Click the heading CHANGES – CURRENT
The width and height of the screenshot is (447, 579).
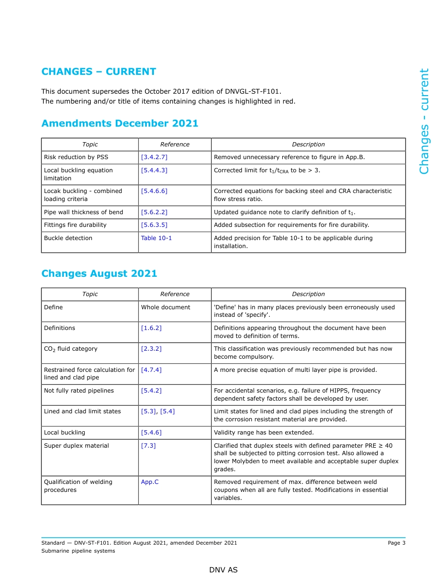point(99,72)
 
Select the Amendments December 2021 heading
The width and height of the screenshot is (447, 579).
point(120,123)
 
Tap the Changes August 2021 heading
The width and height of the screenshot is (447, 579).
point(99,273)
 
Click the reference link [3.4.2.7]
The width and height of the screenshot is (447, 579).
point(154,157)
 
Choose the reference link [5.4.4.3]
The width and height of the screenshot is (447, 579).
point(154,170)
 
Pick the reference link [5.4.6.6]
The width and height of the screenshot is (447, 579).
point(154,191)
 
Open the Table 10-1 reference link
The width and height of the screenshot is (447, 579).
point(156,238)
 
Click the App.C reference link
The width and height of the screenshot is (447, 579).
point(150,482)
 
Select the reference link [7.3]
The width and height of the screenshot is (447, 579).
point(148,446)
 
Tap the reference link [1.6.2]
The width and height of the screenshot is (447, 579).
point(151,328)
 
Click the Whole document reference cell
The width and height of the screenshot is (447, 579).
point(166,307)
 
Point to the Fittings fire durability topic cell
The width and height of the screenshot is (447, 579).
point(75,225)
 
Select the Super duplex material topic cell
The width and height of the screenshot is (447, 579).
point(76,446)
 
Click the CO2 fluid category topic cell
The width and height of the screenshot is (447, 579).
point(71,349)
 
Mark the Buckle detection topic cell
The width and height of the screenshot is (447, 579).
point(68,238)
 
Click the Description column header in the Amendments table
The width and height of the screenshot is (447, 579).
point(308,145)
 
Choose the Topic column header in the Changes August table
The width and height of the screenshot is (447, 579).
point(90,294)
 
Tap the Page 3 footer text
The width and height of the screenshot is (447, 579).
point(396,543)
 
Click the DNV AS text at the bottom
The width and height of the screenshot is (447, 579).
point(223,570)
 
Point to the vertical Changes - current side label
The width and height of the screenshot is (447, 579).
point(424,121)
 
